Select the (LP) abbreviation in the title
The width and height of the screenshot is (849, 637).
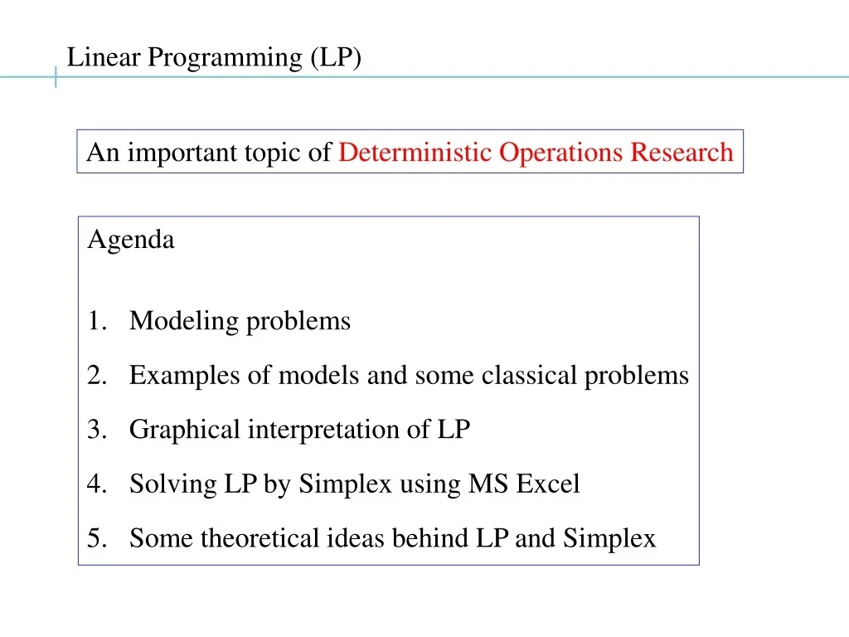click(x=337, y=58)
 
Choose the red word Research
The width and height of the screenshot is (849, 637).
click(x=682, y=153)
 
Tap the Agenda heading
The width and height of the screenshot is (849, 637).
click(x=131, y=241)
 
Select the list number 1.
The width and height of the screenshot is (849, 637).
click(x=95, y=321)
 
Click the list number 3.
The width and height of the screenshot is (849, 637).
click(x=95, y=430)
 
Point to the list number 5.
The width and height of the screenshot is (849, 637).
click(x=95, y=538)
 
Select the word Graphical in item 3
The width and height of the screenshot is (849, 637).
click(x=173, y=430)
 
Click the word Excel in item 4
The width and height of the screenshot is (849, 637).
click(x=548, y=484)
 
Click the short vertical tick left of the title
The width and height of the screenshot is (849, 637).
click(x=56, y=77)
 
